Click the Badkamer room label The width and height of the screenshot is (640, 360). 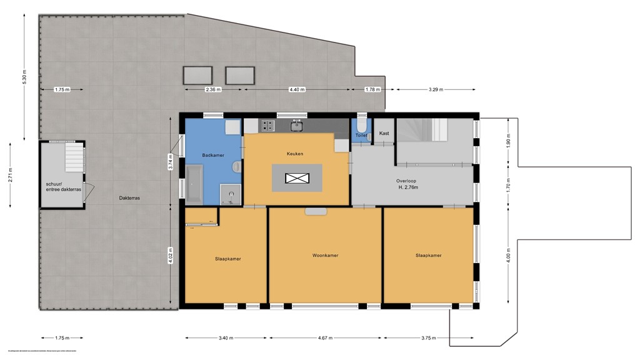212,155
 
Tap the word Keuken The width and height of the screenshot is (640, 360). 295,153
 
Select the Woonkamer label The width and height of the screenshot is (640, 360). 325,255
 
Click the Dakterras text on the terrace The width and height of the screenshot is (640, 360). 129,198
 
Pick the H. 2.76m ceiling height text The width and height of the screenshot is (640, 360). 407,187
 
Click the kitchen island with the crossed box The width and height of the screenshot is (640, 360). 297,178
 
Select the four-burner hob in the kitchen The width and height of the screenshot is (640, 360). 267,126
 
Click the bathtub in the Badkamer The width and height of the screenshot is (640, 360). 194,184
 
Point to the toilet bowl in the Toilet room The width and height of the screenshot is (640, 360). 361,124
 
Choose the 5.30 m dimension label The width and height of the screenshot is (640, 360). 24,75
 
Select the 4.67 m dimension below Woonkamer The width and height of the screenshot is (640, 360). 325,338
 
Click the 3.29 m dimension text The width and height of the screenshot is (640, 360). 435,90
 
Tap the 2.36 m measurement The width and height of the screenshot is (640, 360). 213,90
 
